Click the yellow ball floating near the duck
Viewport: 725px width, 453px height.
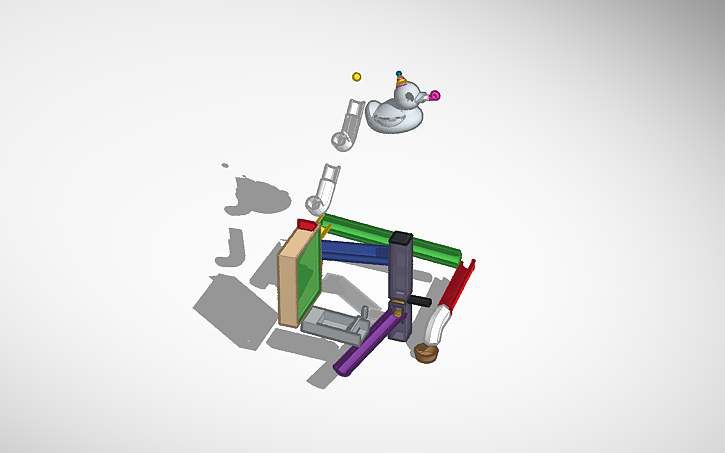[356, 76]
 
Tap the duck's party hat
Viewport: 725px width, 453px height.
[400, 80]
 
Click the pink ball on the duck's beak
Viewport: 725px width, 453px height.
[435, 96]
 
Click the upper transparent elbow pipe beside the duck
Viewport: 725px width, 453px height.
[347, 124]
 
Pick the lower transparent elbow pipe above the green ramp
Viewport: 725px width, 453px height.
[324, 189]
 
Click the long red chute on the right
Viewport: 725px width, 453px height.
[459, 285]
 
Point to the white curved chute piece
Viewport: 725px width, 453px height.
[437, 322]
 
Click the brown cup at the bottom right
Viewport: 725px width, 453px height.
[426, 352]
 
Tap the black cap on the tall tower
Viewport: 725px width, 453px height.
[401, 239]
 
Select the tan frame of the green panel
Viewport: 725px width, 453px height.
[289, 279]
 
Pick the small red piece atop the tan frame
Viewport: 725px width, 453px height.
[306, 224]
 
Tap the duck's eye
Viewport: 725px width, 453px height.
[409, 91]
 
